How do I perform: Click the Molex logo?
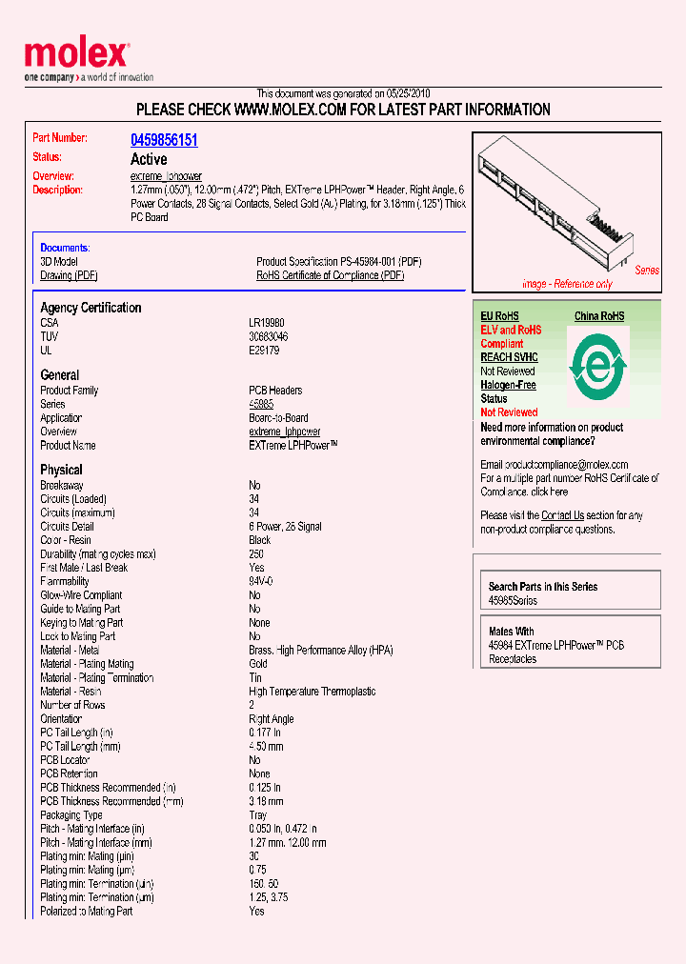[76, 56]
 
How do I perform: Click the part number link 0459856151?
[164, 140]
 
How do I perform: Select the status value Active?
[148, 159]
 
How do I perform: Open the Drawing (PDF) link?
[69, 275]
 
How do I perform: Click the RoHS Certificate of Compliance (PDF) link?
[330, 275]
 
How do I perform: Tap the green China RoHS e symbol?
[597, 364]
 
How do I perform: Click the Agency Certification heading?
[91, 308]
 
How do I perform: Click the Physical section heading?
[61, 470]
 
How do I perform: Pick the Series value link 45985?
[260, 404]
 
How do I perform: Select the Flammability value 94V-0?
[261, 581]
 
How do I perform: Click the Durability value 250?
[256, 553]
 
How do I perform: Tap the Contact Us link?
[562, 515]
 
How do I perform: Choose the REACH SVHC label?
[509, 357]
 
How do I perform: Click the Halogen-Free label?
[508, 385]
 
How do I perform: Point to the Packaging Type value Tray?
[259, 815]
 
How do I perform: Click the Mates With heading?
[511, 632]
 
